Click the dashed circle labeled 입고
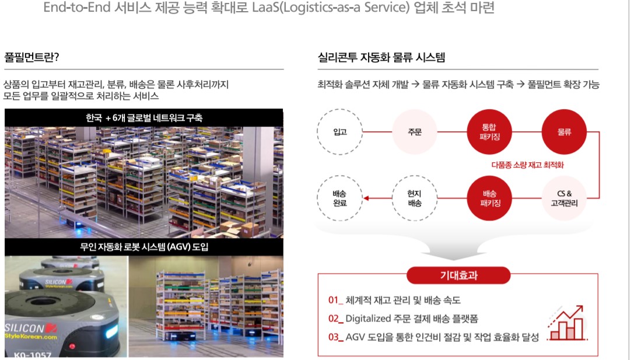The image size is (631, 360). click(340, 132)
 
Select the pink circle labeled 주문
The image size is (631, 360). click(415, 132)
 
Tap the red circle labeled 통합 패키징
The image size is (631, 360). click(489, 132)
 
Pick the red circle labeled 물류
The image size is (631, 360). click(564, 132)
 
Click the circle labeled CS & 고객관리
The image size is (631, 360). click(564, 198)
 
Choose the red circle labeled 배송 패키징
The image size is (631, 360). click(489, 198)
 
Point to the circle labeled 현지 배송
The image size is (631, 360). click(415, 198)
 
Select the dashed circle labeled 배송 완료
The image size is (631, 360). click(340, 198)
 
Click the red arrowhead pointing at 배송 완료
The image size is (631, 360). click(366, 198)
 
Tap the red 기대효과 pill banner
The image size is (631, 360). click(458, 275)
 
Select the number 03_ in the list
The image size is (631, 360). click(335, 337)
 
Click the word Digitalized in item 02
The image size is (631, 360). click(373, 319)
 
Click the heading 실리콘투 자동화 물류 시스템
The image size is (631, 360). click(373, 58)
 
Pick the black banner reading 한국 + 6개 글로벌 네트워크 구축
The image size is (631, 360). click(143, 118)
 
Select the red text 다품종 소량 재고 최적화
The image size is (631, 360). click(527, 165)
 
